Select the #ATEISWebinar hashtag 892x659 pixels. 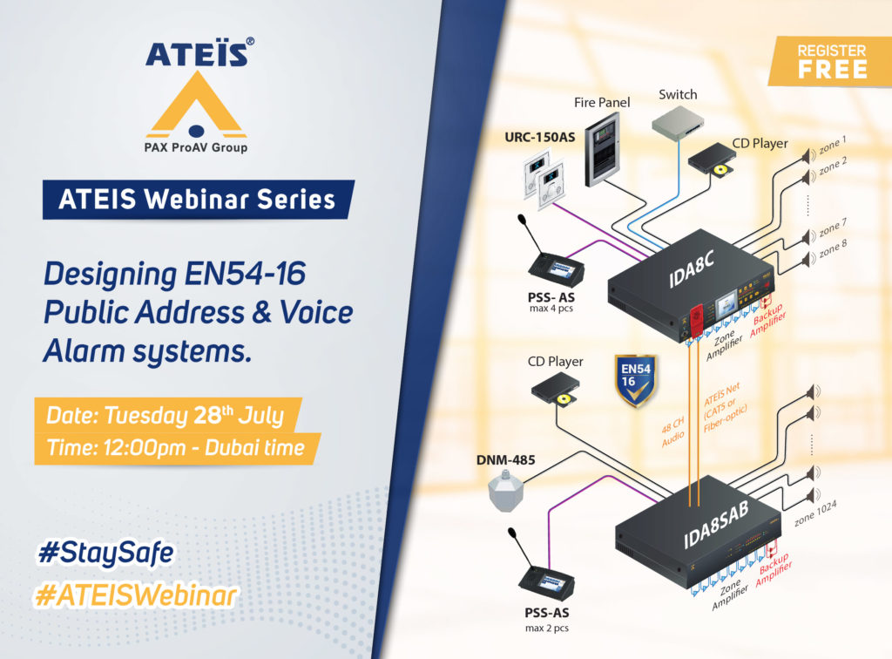click(x=135, y=595)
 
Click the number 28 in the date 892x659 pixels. click(x=206, y=416)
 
